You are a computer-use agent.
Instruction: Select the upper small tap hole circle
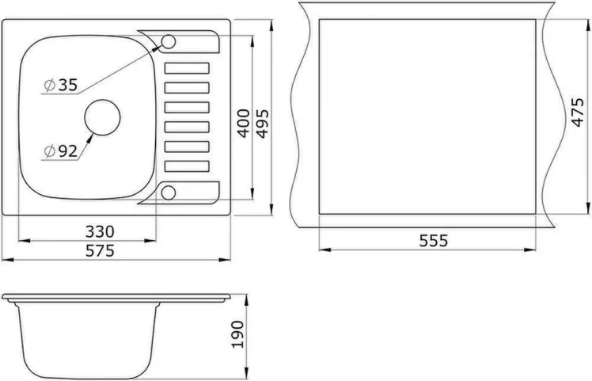(169, 42)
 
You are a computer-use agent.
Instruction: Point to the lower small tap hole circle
(169, 190)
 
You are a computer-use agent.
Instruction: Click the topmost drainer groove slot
(187, 68)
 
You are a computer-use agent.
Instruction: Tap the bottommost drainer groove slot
(187, 166)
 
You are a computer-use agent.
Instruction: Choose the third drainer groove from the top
(187, 107)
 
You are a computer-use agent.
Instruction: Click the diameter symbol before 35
(49, 86)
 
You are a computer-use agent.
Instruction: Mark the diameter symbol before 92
(49, 150)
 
